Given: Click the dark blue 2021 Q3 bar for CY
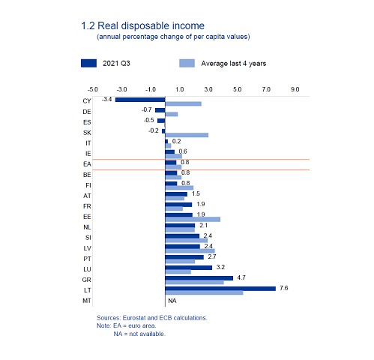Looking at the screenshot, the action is coord(140,100).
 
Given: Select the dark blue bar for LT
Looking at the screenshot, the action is coord(220,289).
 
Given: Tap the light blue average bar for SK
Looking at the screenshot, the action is coord(187,135).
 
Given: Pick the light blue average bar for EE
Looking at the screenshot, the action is coord(193,220).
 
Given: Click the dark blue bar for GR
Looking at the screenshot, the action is coord(199,278).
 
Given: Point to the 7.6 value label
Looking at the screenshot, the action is coord(284,288).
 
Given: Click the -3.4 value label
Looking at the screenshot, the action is coord(106,99).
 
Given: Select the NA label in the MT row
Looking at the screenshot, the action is coord(172,301).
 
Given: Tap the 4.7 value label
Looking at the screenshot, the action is coord(241,277).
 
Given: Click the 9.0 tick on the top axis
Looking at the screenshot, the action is coord(295,89).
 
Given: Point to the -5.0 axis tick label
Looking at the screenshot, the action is coord(92,89).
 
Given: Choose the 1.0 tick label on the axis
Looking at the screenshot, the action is coord(179,89).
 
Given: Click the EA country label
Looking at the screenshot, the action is coord(87,164).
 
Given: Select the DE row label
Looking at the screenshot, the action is coord(87,112).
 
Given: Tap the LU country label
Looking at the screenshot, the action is coord(87,269).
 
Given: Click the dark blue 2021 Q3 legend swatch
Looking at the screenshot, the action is coord(88,63).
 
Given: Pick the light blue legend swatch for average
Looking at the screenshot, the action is coord(187,63).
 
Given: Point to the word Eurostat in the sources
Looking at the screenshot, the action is coord(134,318).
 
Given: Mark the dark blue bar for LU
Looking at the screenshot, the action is coord(189,268).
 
